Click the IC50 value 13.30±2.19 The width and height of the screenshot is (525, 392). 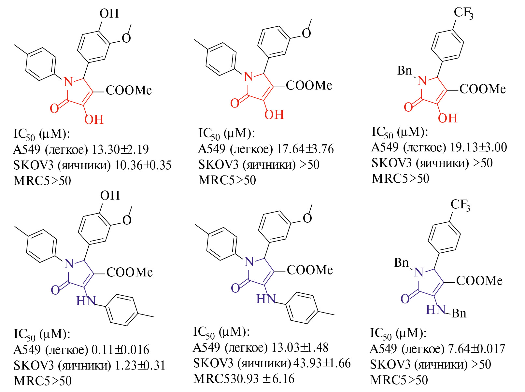point(120,149)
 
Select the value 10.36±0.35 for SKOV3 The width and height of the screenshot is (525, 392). point(143,165)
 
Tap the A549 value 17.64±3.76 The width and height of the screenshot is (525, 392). point(305,149)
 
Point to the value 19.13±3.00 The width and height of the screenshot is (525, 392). point(478,147)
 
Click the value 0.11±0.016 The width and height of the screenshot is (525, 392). point(120,350)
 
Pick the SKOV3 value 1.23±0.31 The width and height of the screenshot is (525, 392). point(140,365)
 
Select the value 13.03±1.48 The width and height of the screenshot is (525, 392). point(300,348)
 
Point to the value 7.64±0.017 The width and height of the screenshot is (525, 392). point(476,349)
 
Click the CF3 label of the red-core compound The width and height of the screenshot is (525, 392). point(463,13)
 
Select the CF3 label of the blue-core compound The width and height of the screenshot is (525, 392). point(460,205)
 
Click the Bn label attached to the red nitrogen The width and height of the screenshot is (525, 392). point(404,70)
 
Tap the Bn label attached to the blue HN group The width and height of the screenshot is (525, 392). point(459,313)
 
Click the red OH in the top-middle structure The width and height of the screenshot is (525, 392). point(274,115)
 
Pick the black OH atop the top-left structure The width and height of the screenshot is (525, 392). point(109,14)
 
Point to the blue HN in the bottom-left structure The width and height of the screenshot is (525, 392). point(86,301)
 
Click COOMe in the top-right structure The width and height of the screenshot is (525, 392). point(482,89)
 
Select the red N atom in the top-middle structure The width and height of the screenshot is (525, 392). point(248,77)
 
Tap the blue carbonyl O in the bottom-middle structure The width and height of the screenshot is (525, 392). point(235,288)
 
